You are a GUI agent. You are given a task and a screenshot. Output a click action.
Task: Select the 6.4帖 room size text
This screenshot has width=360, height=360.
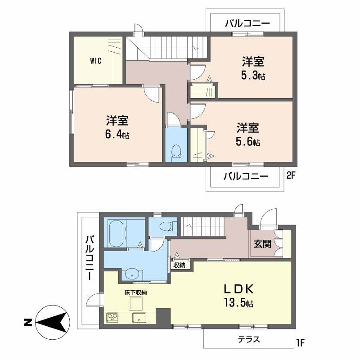pyautogui.click(x=117, y=134)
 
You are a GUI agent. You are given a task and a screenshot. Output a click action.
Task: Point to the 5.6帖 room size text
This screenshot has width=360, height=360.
pyautogui.click(x=248, y=142)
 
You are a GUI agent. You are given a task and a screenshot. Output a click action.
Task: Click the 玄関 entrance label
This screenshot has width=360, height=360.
pyautogui.click(x=262, y=244)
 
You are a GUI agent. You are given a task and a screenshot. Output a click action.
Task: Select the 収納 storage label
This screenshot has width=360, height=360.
pyautogui.click(x=179, y=265)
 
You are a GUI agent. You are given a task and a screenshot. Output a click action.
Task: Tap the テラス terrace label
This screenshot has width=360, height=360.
pyautogui.click(x=249, y=340)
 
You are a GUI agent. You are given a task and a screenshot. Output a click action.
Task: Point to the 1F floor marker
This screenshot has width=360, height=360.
pyautogui.click(x=301, y=343)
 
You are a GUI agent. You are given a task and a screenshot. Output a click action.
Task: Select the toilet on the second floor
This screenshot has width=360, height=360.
pyautogui.click(x=176, y=152)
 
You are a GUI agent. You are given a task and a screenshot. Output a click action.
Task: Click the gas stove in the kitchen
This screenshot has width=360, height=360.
pyautogui.click(x=112, y=317)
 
